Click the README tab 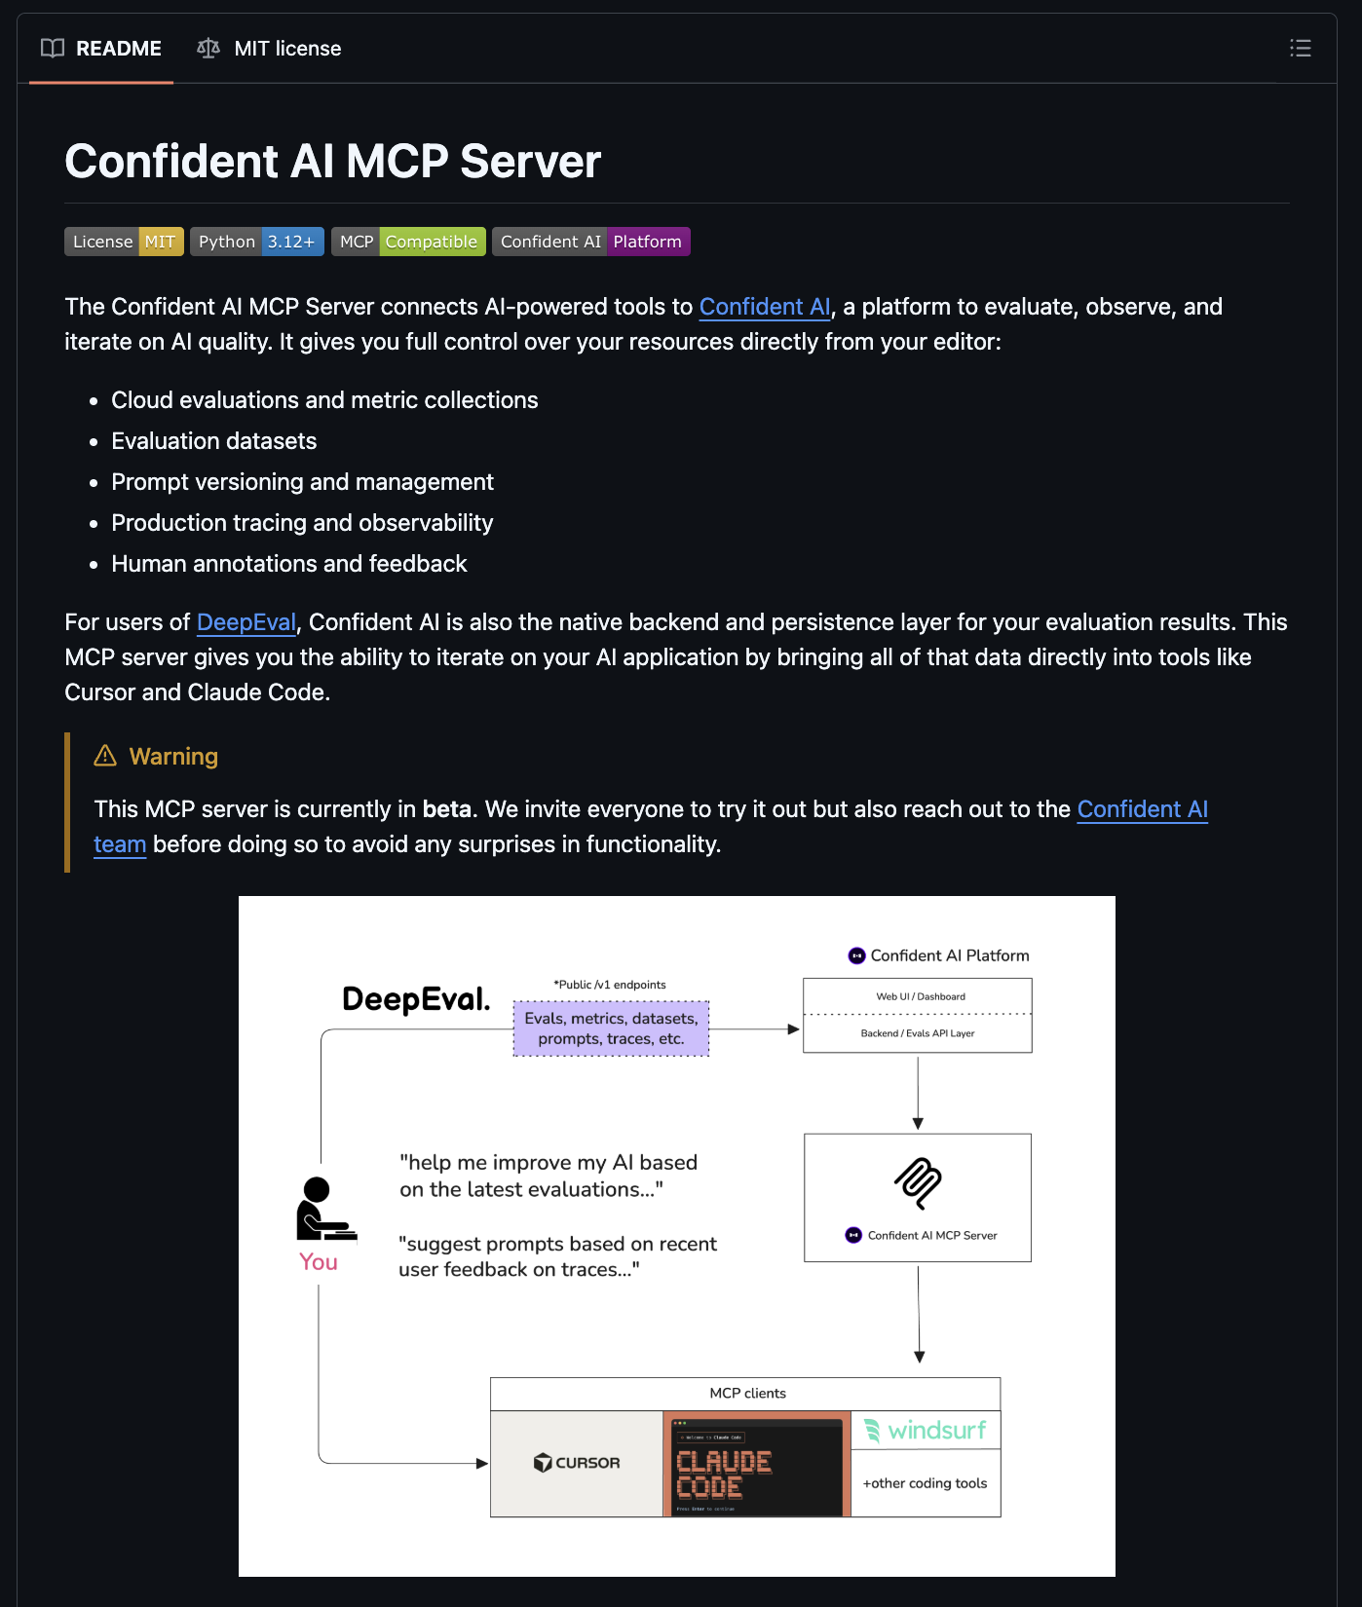(101, 49)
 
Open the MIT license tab (269, 49)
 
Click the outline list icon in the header (1300, 49)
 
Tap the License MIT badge (124, 242)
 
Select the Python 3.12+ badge (257, 242)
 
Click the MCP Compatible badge (408, 242)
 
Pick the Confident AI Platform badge (590, 242)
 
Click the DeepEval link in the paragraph (246, 622)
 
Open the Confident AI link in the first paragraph (765, 307)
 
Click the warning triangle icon (105, 756)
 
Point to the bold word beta (447, 809)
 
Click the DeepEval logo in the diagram (416, 999)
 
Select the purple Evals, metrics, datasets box (611, 1028)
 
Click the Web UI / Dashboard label (920, 996)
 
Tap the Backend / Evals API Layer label (917, 1033)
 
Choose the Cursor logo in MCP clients (577, 1463)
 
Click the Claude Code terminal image (757, 1465)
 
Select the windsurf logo (926, 1430)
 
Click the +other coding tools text (925, 1483)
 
